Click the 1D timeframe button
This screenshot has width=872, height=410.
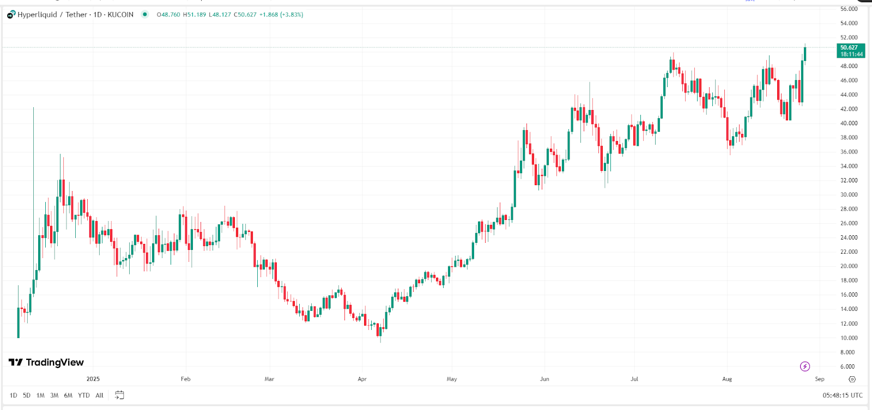coord(13,395)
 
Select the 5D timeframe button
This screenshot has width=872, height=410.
coord(27,395)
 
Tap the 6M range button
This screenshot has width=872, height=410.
coord(68,395)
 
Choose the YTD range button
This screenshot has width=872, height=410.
coord(83,395)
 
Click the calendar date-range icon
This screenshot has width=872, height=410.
coord(119,395)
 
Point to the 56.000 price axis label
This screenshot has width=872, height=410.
coord(849,9)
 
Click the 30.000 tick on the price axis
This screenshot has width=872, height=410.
coord(849,195)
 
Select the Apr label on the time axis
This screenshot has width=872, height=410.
coord(362,379)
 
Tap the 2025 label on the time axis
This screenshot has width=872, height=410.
coord(93,379)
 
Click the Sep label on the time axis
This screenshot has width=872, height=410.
coord(820,379)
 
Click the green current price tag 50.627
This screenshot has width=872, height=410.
coord(851,51)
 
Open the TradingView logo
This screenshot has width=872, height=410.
coord(46,363)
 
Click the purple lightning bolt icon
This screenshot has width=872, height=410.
coord(805,366)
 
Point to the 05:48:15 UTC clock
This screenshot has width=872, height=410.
coord(843,395)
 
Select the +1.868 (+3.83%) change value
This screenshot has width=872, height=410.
coord(281,15)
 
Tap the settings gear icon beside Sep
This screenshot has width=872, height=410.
coord(852,379)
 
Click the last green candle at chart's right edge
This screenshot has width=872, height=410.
coord(805,54)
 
